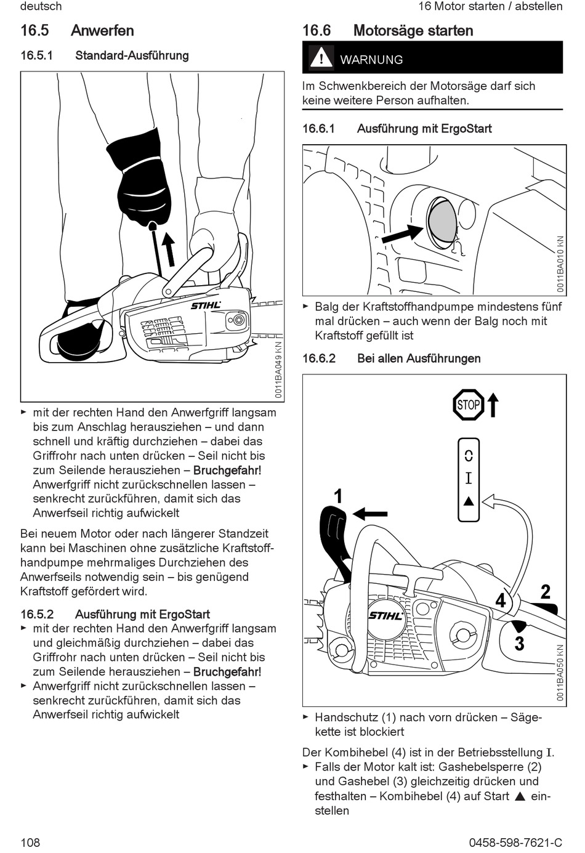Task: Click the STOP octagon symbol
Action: pyautogui.click(x=469, y=405)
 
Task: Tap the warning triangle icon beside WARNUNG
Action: pyautogui.click(x=321, y=59)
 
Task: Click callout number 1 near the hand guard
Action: pyautogui.click(x=337, y=496)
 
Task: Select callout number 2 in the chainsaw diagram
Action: pyautogui.click(x=545, y=592)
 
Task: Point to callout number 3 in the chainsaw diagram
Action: pyautogui.click(x=519, y=644)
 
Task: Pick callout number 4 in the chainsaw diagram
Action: pyautogui.click(x=501, y=600)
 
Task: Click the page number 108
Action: pyautogui.click(x=30, y=842)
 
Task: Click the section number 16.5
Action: pyautogui.click(x=34, y=30)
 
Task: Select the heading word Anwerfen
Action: pyautogui.click(x=102, y=30)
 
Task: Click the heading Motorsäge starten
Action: pyautogui.click(x=413, y=30)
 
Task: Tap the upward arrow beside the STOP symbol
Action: pyautogui.click(x=493, y=405)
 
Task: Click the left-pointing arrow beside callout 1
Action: pyautogui.click(x=371, y=513)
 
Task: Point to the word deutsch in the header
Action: pyautogui.click(x=41, y=6)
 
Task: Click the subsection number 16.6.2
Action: pyautogui.click(x=319, y=358)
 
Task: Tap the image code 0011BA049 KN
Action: pyautogui.click(x=278, y=369)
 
